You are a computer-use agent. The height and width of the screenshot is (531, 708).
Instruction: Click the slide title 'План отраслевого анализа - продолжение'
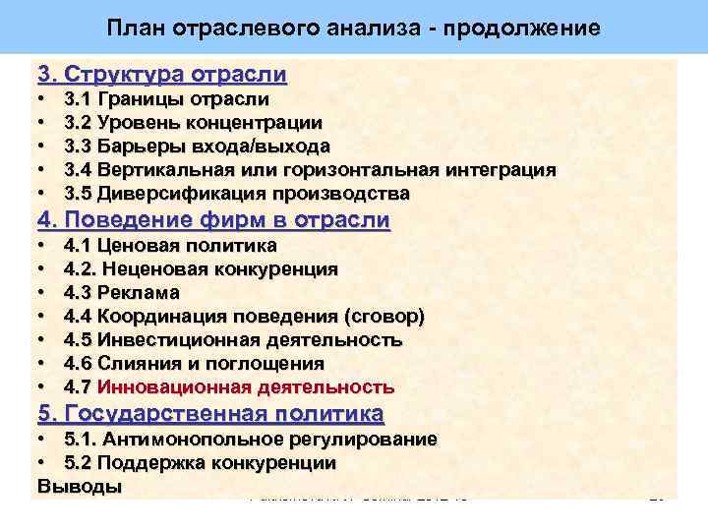pyautogui.click(x=353, y=28)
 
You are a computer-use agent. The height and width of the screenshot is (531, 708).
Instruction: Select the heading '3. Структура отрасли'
pyautogui.click(x=162, y=74)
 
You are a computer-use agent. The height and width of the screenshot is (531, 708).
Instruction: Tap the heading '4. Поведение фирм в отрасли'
pyautogui.click(x=213, y=220)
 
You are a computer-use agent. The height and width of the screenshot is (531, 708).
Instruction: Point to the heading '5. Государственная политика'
pyautogui.click(x=210, y=413)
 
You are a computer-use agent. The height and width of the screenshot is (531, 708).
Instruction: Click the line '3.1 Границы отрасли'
pyautogui.click(x=166, y=99)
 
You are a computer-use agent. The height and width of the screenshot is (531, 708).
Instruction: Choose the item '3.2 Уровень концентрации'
pyautogui.click(x=192, y=123)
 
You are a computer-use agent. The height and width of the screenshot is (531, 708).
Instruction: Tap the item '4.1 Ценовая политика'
pyautogui.click(x=169, y=245)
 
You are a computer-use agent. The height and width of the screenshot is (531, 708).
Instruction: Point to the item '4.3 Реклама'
pyautogui.click(x=121, y=292)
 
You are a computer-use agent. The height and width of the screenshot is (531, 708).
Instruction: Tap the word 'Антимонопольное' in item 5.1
pyautogui.click(x=192, y=439)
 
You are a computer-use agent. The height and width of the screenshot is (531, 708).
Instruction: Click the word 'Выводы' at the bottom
pyautogui.click(x=80, y=486)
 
